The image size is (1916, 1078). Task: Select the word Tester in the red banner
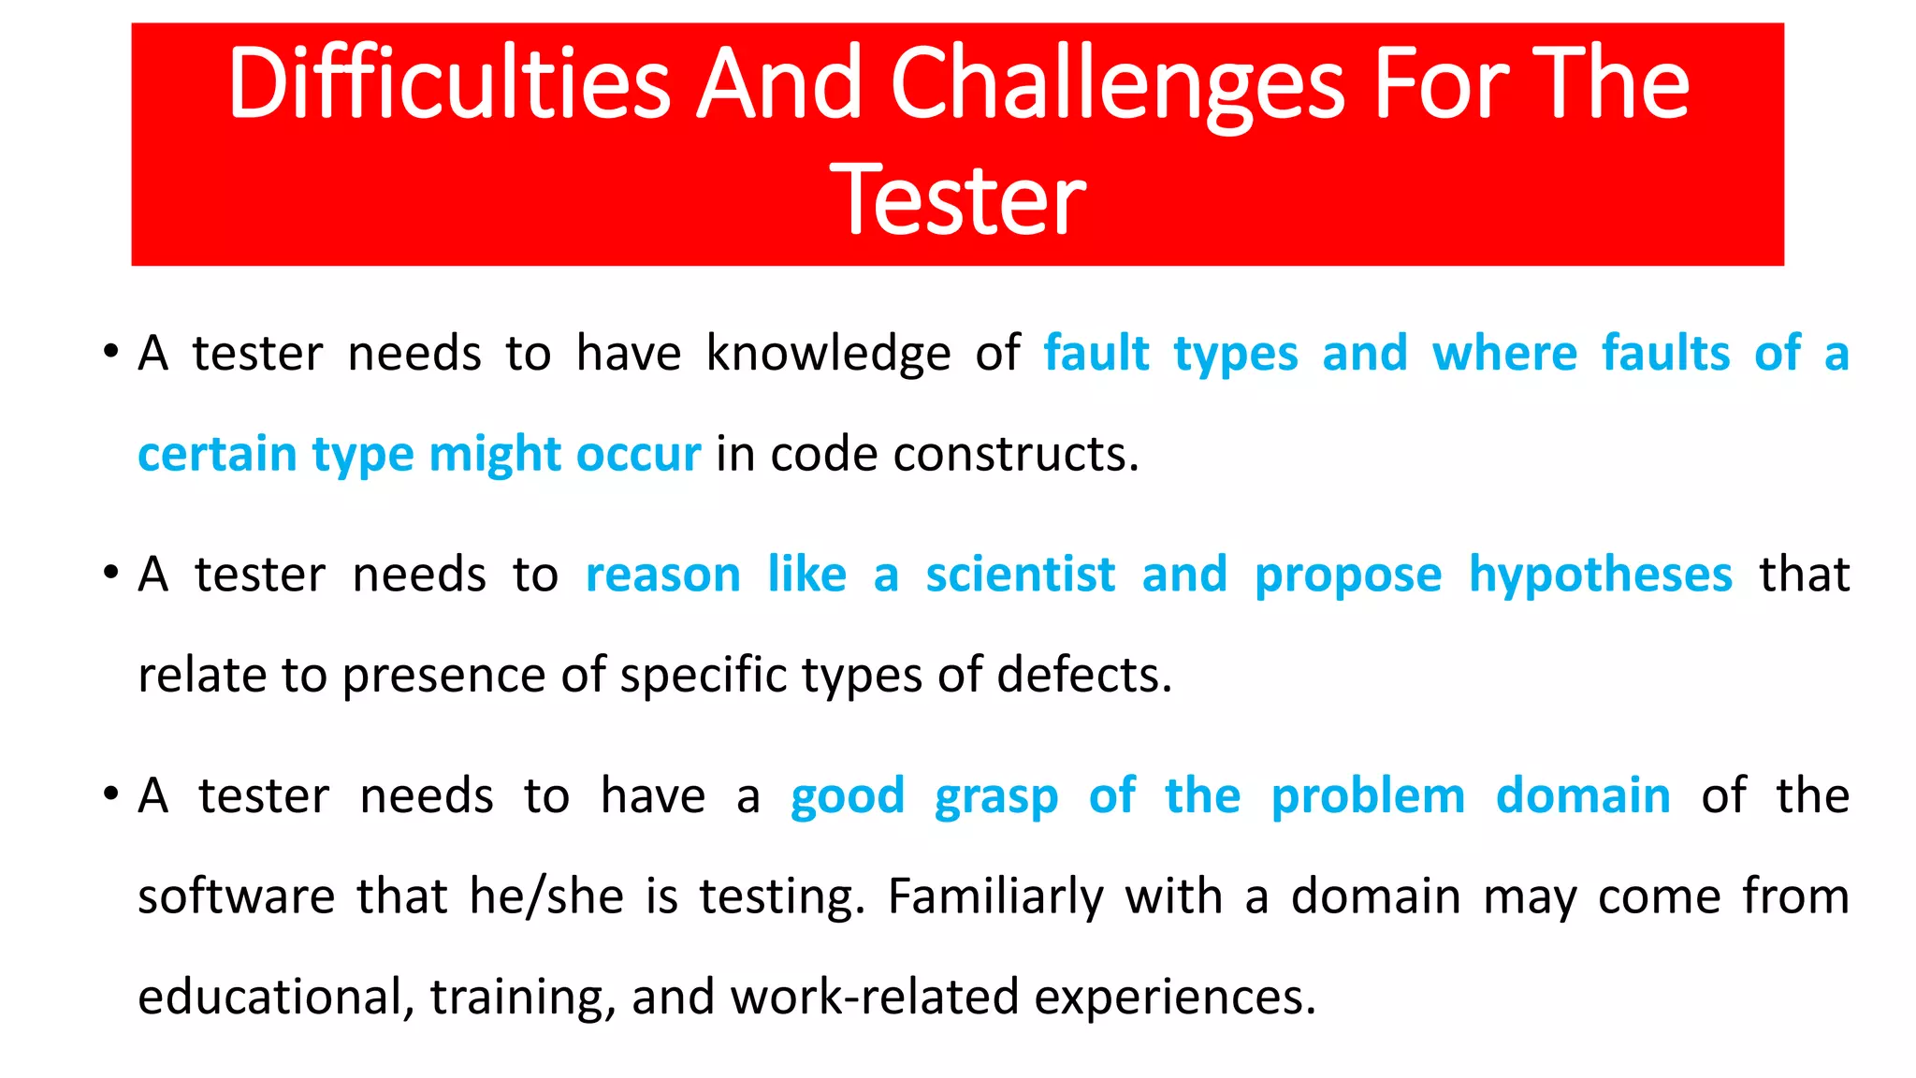(x=957, y=199)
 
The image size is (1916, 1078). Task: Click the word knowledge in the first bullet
(x=828, y=354)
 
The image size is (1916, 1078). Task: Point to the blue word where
(x=1504, y=354)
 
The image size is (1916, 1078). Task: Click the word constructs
(x=1016, y=455)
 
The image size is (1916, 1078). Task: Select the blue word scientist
(x=1021, y=575)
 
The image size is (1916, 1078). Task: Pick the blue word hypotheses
(x=1601, y=575)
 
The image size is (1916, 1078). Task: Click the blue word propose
(x=1348, y=575)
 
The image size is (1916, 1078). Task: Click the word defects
(x=1083, y=676)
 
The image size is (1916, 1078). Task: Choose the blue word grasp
(x=996, y=796)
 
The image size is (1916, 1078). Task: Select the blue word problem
(x=1368, y=796)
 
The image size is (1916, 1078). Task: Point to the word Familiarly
(x=995, y=896)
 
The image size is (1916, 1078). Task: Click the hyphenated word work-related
(x=875, y=997)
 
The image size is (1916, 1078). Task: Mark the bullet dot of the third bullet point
(x=111, y=795)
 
